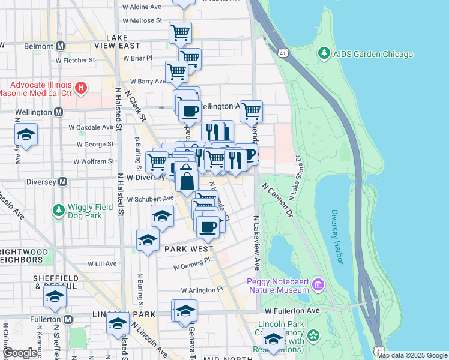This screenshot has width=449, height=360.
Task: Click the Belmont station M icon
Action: tap(60, 46)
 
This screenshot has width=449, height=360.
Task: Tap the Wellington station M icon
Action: tap(58, 112)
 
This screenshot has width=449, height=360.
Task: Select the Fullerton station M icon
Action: tap(68, 319)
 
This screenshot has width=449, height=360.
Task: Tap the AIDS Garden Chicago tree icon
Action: tap(324, 54)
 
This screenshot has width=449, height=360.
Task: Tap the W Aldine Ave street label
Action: tap(142, 7)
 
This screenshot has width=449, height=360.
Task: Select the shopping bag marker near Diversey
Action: tap(187, 181)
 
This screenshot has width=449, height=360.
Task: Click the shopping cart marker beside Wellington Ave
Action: tap(251, 110)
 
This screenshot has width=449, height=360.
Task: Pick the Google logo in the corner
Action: tap(20, 352)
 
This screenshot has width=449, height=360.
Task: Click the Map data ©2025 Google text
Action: tap(412, 355)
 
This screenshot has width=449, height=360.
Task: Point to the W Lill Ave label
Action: tap(102, 263)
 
